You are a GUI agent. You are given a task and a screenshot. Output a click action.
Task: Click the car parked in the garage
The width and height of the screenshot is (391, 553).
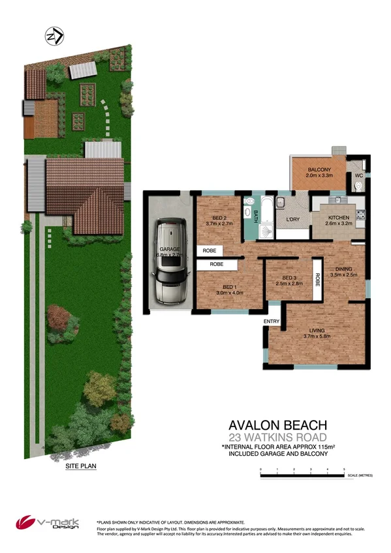point(169,262)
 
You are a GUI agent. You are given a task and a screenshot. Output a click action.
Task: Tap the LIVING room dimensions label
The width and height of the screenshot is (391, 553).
point(318,336)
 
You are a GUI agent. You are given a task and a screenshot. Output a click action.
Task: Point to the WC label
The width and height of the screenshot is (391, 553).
point(358,175)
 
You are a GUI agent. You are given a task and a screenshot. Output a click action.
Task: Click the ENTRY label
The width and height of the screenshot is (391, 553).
point(271,321)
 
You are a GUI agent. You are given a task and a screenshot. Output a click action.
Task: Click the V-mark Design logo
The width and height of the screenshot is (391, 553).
point(48,524)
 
